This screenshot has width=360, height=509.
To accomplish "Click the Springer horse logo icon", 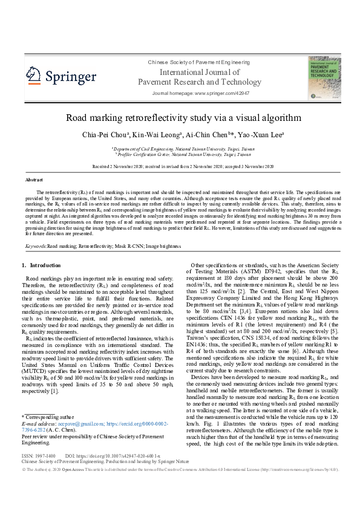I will (x=33, y=76).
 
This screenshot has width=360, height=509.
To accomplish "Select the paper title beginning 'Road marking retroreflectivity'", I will (x=179, y=117).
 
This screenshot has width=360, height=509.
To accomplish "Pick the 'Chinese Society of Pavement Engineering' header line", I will (x=191, y=62).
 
